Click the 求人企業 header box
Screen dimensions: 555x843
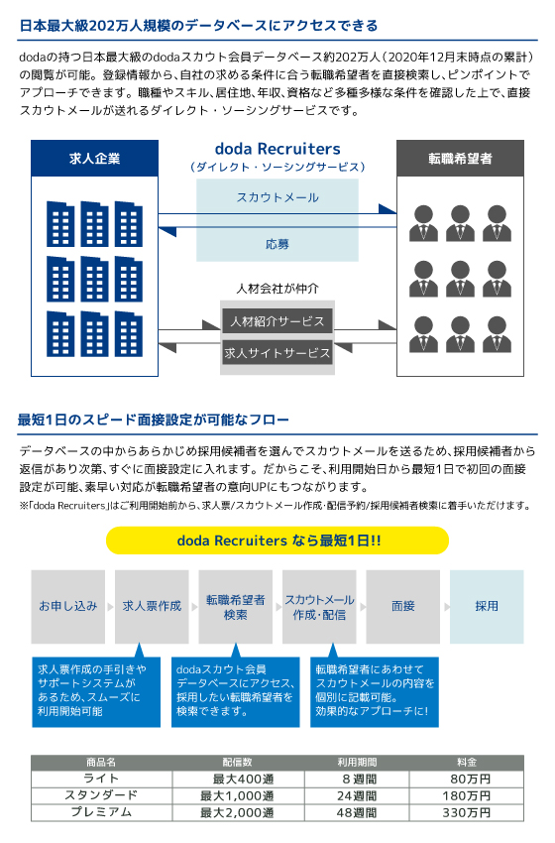click(x=94, y=158)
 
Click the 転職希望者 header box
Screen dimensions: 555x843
click(x=460, y=158)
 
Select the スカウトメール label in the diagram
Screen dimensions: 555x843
click(x=277, y=197)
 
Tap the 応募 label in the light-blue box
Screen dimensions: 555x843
click(x=277, y=244)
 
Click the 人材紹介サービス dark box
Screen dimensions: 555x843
click(x=277, y=321)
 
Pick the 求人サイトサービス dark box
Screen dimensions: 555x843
click(x=277, y=353)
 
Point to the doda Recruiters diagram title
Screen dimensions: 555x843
click(x=277, y=149)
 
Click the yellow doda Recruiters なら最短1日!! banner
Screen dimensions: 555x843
click(x=277, y=541)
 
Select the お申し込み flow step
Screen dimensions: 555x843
click(x=68, y=606)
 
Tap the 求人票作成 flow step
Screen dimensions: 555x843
click(x=152, y=606)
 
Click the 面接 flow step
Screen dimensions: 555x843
click(x=403, y=606)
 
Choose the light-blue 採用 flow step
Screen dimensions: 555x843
click(x=487, y=606)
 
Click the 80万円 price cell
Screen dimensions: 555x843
click(x=467, y=779)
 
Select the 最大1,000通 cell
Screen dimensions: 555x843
click(x=238, y=795)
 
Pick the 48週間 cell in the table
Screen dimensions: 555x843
click(x=357, y=812)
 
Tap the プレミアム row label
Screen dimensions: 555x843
click(x=101, y=812)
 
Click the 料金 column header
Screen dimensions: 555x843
click(x=467, y=763)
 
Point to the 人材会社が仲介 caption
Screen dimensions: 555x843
click(x=277, y=289)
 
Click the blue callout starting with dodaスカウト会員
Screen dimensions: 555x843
click(x=235, y=691)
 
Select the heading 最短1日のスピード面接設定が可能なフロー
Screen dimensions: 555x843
click(x=154, y=420)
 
